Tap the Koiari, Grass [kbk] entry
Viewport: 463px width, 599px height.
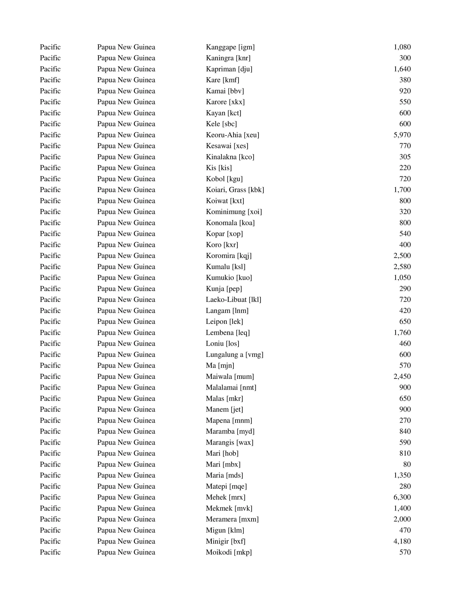(235, 190)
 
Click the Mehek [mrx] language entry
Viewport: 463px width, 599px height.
(225, 497)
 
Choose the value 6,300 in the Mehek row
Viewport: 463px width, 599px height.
(402, 497)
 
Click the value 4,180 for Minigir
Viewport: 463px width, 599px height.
(402, 541)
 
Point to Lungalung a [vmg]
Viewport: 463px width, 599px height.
(234, 354)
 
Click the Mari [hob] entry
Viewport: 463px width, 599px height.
(222, 453)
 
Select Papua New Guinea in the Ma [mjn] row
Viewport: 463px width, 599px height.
(126, 365)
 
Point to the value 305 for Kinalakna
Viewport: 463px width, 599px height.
(405, 157)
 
